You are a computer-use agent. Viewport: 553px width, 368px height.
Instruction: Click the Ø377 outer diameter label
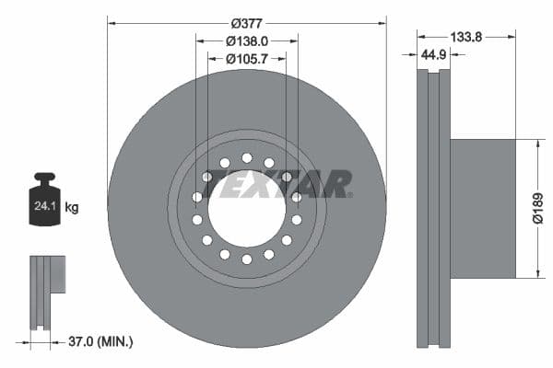[x=246, y=21]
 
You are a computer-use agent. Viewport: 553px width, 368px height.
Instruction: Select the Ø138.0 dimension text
[x=246, y=40]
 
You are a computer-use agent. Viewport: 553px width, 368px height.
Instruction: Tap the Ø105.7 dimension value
[x=246, y=58]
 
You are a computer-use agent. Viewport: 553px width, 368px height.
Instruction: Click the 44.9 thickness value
[x=433, y=55]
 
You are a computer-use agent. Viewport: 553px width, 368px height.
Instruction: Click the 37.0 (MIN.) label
[x=101, y=341]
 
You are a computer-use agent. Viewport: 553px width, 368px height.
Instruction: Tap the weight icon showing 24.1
[x=44, y=203]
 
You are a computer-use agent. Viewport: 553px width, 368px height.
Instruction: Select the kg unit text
[x=71, y=208]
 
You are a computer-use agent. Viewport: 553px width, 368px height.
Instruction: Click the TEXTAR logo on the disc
[x=276, y=184]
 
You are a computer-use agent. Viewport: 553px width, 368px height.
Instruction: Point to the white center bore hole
[x=246, y=209]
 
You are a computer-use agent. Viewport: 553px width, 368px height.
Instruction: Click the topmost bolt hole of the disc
[x=246, y=158]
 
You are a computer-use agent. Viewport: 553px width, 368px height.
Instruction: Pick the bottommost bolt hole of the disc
[x=246, y=259]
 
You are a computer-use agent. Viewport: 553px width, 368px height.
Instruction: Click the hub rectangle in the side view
[x=482, y=208]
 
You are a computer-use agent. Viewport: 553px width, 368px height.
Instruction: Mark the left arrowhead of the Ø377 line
[x=112, y=21]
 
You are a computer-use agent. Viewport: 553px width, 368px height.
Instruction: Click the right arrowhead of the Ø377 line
[x=382, y=21]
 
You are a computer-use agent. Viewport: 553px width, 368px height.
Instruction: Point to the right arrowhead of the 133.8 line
[x=511, y=36]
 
